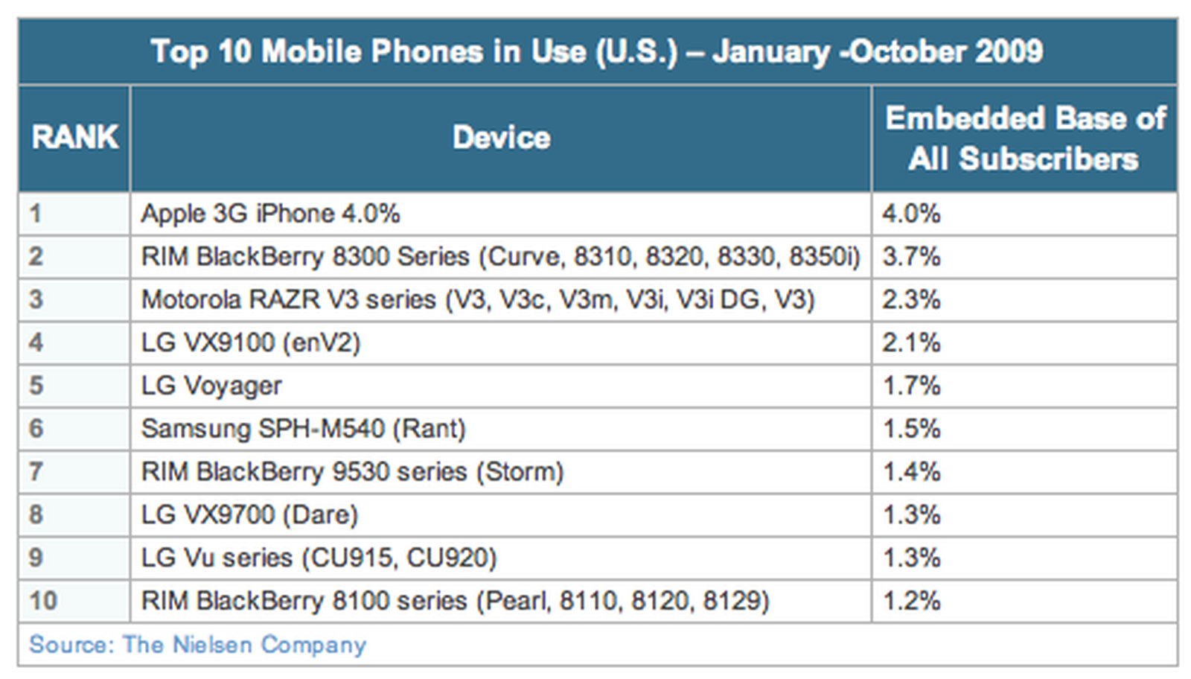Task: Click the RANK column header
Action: tap(74, 138)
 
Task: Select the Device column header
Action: tap(501, 138)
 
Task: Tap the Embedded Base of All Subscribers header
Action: tap(1024, 138)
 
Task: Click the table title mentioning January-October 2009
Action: tap(596, 51)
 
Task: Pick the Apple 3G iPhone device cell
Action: tap(270, 214)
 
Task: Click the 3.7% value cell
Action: tap(911, 257)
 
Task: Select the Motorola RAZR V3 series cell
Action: tap(478, 299)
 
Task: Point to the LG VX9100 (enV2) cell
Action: tap(251, 342)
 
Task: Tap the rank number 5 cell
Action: tap(36, 386)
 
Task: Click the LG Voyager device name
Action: tap(211, 386)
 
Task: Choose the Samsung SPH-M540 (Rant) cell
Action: tap(303, 429)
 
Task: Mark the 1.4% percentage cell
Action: tap(911, 471)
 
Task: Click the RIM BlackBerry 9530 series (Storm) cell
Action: tap(352, 471)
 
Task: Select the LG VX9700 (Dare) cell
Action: tap(249, 514)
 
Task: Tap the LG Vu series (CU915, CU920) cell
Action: tap(319, 558)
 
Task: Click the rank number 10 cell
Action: tap(43, 600)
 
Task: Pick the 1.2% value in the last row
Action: tap(911, 600)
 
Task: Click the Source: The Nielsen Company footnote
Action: tap(197, 644)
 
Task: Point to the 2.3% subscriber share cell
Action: tap(911, 299)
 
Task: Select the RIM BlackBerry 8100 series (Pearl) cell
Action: tap(455, 600)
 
